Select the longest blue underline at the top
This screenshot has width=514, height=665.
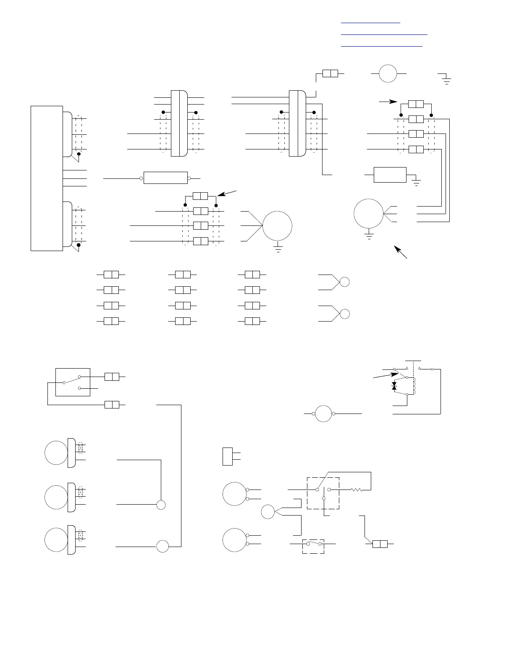[x=384, y=34]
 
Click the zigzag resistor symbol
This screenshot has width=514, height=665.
[x=357, y=490]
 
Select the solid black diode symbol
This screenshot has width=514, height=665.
[x=394, y=386]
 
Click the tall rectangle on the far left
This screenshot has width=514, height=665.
[x=47, y=178]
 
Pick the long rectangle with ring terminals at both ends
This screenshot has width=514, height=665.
[x=165, y=178]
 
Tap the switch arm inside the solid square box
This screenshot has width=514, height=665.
[x=71, y=380]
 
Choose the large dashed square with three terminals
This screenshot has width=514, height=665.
[x=323, y=493]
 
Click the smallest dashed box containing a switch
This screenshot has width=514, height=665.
[x=313, y=546]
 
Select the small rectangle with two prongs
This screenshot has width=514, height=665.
[x=228, y=456]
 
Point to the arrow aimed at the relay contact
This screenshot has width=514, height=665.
[x=385, y=375]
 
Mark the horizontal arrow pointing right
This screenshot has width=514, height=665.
[x=388, y=101]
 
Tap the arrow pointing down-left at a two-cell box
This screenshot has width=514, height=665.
[x=228, y=194]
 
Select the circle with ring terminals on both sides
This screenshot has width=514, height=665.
[x=323, y=414]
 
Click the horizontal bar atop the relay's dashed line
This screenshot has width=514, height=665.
[x=413, y=361]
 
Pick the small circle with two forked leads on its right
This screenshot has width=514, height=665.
[x=267, y=512]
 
